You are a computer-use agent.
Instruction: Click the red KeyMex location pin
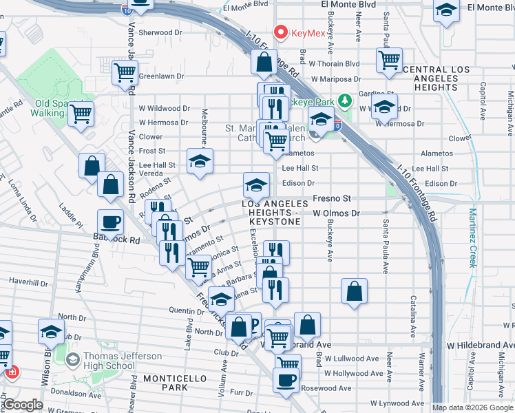pos(280,32)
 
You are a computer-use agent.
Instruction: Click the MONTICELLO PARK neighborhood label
pos(165,383)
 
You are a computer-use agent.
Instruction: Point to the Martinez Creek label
pos(473,238)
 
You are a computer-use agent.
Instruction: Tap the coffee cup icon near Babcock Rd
pos(111,222)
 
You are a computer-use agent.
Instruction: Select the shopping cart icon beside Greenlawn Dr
pos(125,72)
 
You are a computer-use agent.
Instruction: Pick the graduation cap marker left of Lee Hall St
pos(200,160)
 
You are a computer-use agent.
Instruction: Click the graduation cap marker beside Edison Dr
pos(256,184)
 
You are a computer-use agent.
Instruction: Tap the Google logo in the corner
pos(23,405)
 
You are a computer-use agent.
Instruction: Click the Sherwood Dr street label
pos(160,32)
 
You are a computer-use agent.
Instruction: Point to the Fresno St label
pos(332,198)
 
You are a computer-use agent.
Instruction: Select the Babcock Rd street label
pos(116,240)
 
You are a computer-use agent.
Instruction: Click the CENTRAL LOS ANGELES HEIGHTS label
pos(431,78)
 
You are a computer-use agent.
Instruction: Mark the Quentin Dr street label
pos(182,310)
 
